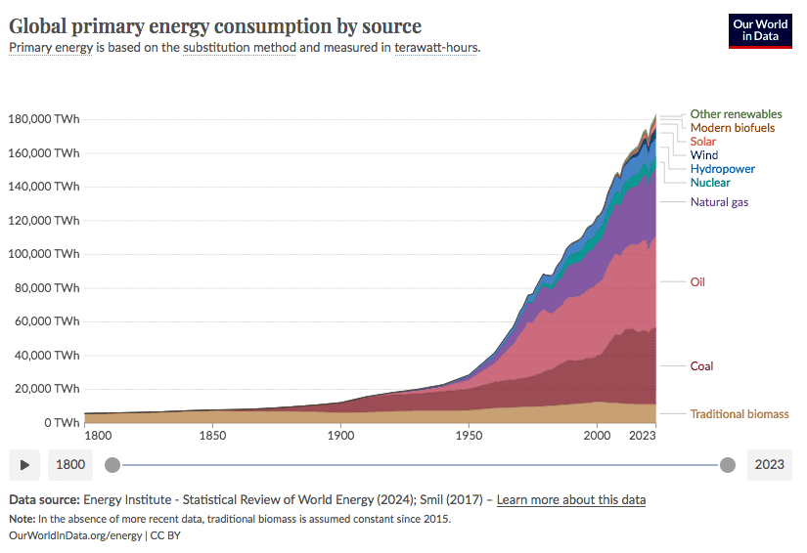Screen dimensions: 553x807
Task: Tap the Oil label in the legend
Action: [x=696, y=282]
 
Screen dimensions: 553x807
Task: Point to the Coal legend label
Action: [x=701, y=366]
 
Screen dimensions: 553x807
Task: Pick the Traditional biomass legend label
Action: [x=739, y=414]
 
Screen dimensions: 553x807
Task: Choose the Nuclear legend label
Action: [x=709, y=183]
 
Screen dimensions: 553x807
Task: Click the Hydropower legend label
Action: [x=722, y=169]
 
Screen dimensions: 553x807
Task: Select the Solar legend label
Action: [x=702, y=142]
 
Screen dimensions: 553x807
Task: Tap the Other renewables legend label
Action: [x=736, y=114]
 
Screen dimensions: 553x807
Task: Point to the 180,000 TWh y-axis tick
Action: [x=44, y=119]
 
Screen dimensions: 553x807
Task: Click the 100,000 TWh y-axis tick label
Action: [x=44, y=254]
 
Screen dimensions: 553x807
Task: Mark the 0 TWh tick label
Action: [x=59, y=423]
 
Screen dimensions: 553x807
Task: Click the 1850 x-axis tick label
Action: [x=212, y=436]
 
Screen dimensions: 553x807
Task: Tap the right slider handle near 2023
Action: [x=727, y=465]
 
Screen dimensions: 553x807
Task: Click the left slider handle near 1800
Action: [x=112, y=465]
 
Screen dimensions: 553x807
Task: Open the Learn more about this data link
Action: [x=570, y=500]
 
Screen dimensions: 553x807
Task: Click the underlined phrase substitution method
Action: [x=239, y=47]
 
